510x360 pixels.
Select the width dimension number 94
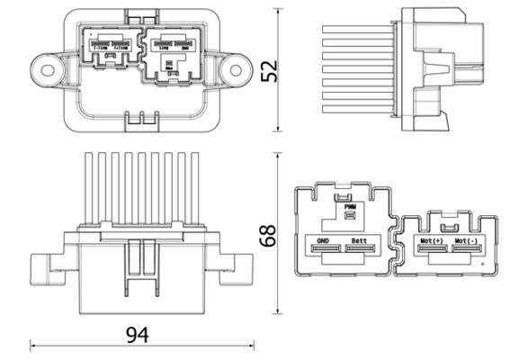click(x=137, y=335)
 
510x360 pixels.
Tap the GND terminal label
click(x=322, y=241)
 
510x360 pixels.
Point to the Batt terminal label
click(x=359, y=241)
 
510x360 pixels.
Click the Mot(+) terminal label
click(x=432, y=241)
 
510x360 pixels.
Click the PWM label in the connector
click(x=351, y=206)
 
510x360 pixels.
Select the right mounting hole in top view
click(x=236, y=67)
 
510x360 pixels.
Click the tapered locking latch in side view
click(x=433, y=69)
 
